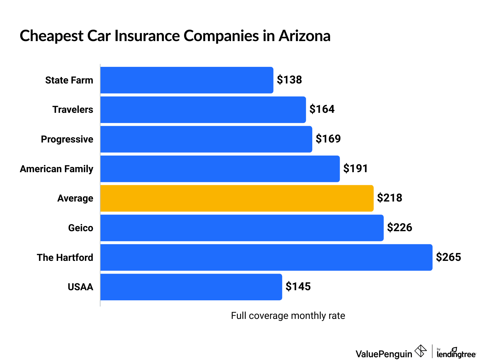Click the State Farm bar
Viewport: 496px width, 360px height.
click(x=187, y=80)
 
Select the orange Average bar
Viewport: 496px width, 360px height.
click(x=237, y=198)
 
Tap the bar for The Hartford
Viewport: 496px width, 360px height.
click(x=266, y=257)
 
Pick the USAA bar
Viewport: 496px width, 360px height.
click(x=191, y=287)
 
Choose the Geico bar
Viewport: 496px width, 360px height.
click(x=242, y=228)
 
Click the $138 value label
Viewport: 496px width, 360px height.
click(x=289, y=80)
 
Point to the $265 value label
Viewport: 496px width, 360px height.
click(x=448, y=257)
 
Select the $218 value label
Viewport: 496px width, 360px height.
click(x=390, y=198)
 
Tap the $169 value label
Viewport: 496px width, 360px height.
click(x=328, y=139)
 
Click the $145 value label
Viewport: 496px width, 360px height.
click(x=298, y=287)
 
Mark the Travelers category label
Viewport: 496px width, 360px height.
click(x=73, y=110)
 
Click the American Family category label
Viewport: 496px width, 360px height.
click(x=56, y=169)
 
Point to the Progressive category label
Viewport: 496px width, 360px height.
click(x=67, y=139)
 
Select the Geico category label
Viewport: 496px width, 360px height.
click(x=81, y=228)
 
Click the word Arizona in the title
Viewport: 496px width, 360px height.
click(x=304, y=36)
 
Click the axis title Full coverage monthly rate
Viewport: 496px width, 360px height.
click(x=288, y=316)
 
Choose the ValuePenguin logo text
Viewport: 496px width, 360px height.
click(x=384, y=354)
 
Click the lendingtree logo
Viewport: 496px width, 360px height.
click(x=456, y=353)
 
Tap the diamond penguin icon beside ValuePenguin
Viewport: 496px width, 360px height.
click(x=421, y=351)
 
